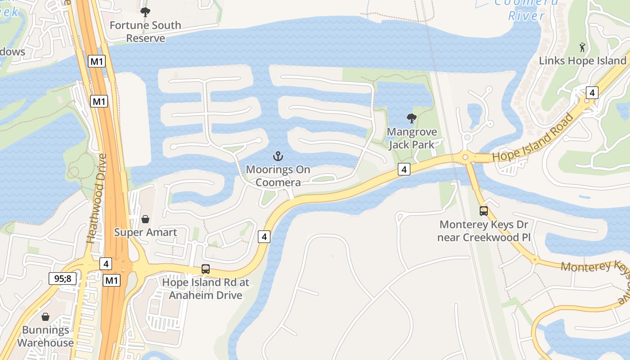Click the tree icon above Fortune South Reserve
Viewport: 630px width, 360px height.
pos(145,12)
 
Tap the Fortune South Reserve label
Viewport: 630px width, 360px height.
pos(145,31)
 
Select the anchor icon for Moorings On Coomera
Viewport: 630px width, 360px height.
pos(278,157)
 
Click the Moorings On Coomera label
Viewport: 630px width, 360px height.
pos(278,176)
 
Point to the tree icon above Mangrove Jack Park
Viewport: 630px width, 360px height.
pos(411,119)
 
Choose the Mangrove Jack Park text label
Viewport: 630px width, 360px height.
pos(412,138)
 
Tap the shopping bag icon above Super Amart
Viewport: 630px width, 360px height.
pos(145,219)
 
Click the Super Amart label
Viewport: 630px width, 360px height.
pos(145,232)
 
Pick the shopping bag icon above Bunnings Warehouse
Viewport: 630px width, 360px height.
pos(45,317)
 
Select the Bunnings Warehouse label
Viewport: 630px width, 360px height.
pos(45,336)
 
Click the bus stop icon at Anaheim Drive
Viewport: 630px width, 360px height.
pos(206,269)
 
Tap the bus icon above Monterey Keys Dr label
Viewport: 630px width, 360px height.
pos(484,211)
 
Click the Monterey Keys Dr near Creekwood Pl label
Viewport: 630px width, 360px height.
pos(484,230)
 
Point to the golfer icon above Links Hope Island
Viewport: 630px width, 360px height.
pos(583,47)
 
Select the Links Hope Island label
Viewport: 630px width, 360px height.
pos(583,61)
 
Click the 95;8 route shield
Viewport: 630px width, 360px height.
pos(63,279)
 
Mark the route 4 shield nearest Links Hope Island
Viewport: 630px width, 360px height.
pos(592,93)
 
